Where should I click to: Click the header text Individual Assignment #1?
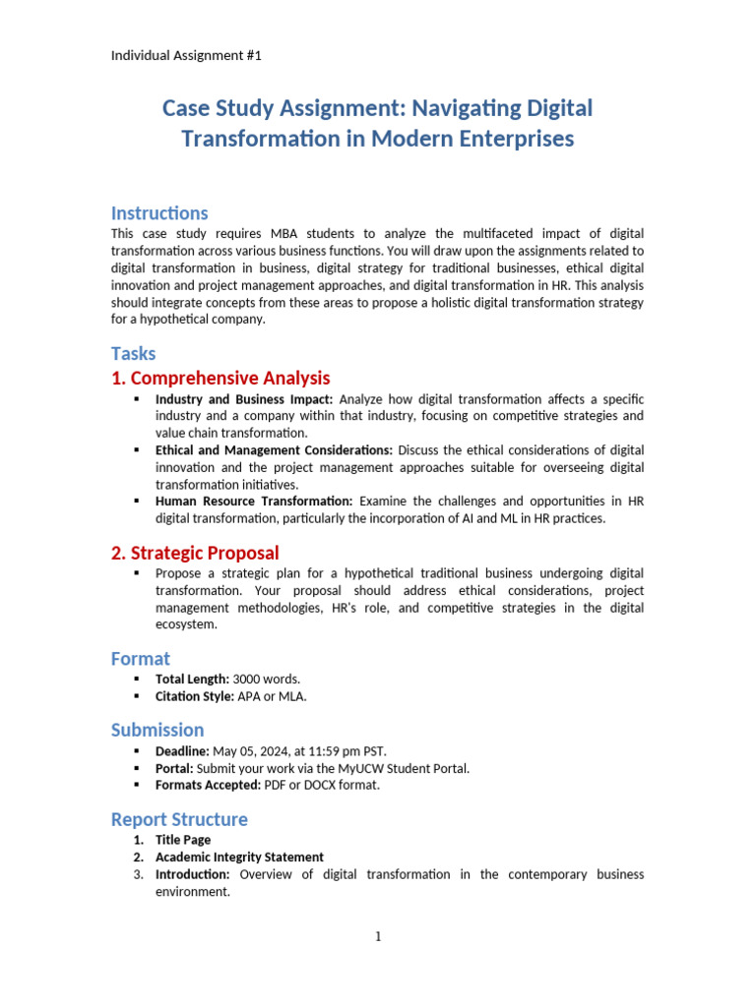(x=186, y=55)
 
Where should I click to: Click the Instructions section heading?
(x=159, y=213)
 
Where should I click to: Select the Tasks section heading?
(x=133, y=353)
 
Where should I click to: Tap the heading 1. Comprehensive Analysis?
(x=220, y=378)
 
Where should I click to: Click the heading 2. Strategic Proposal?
(x=195, y=553)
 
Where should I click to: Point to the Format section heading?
(x=141, y=659)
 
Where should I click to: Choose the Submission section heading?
(x=157, y=730)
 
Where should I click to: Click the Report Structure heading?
(x=179, y=819)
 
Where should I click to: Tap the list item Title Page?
(x=183, y=840)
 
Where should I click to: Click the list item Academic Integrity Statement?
(x=239, y=857)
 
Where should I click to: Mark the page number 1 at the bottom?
(x=378, y=937)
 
